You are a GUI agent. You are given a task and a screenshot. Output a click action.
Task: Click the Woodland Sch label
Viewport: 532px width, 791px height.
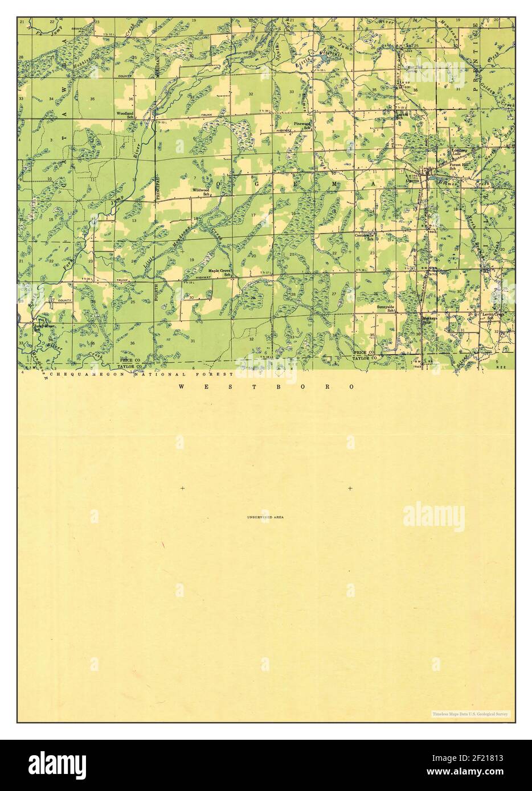[125, 116]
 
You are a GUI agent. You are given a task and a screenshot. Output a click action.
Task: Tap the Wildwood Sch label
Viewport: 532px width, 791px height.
[201, 192]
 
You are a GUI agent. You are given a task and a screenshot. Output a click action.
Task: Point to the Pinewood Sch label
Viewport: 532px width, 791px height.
[301, 125]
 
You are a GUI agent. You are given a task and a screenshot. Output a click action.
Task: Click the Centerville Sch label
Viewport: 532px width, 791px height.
[365, 237]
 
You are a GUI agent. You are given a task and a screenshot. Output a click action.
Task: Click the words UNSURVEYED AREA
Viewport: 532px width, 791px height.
[265, 517]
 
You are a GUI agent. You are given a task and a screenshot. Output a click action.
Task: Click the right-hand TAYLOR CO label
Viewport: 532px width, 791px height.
[363, 359]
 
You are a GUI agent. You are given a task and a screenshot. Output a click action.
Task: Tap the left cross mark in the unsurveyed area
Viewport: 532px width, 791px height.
[182, 488]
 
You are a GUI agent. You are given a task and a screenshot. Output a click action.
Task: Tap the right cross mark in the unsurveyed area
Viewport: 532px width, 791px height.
[350, 488]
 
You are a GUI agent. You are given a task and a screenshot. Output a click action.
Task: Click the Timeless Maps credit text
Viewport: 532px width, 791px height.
[470, 713]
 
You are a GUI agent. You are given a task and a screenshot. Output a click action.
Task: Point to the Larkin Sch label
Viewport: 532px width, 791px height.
[403, 116]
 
